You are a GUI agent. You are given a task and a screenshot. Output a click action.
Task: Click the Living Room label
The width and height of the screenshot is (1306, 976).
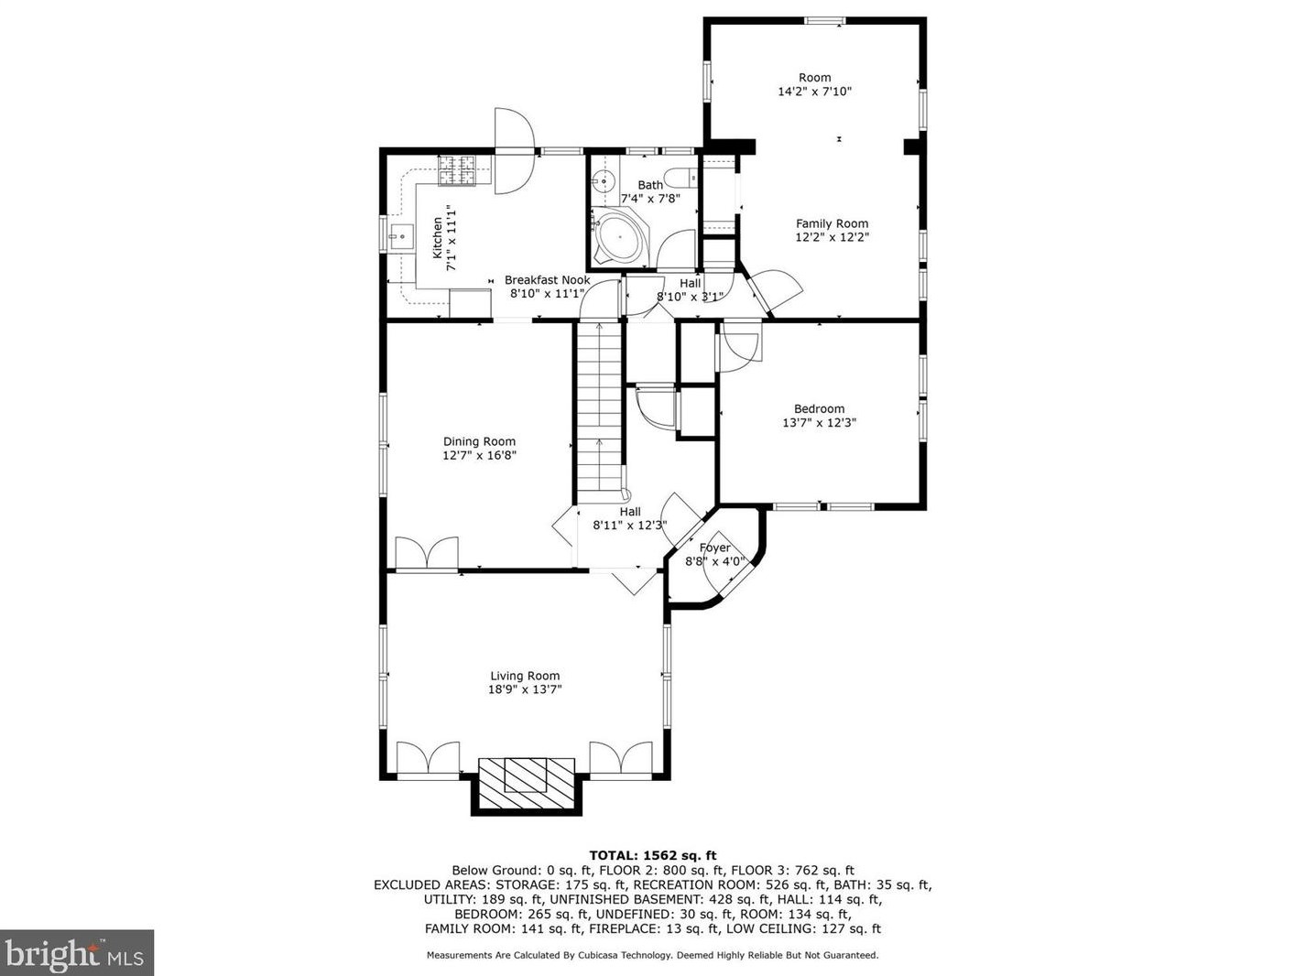click(524, 676)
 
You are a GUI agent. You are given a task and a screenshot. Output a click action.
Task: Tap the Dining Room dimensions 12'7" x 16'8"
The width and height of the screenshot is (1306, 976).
click(479, 456)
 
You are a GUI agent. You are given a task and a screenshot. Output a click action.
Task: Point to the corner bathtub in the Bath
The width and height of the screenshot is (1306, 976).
click(619, 237)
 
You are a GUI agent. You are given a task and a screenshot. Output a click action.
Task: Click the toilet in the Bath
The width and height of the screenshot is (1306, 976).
click(680, 178)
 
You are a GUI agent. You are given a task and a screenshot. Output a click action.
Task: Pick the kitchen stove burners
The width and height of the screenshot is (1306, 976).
click(457, 170)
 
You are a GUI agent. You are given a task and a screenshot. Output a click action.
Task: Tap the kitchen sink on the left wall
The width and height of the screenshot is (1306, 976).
click(401, 236)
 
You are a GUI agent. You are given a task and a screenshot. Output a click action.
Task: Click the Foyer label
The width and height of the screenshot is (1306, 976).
click(714, 548)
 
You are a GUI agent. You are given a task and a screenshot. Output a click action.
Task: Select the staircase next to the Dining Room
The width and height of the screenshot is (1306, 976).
click(599, 409)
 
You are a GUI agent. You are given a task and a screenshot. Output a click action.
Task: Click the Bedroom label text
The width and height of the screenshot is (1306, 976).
click(819, 408)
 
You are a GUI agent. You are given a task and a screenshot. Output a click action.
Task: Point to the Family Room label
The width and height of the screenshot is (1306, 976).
click(832, 223)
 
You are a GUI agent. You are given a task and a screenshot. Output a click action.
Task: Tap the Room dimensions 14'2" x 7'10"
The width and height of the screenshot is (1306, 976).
click(814, 92)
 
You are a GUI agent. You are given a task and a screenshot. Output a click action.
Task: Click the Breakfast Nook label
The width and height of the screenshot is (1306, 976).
click(547, 280)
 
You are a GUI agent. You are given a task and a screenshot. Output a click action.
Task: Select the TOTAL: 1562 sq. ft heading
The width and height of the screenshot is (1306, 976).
click(653, 856)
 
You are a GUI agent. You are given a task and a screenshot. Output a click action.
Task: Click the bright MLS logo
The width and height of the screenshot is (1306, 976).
click(77, 953)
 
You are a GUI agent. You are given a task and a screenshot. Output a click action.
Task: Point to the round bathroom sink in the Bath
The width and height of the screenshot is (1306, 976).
click(603, 179)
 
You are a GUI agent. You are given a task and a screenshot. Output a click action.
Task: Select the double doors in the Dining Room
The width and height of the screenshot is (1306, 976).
click(427, 554)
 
